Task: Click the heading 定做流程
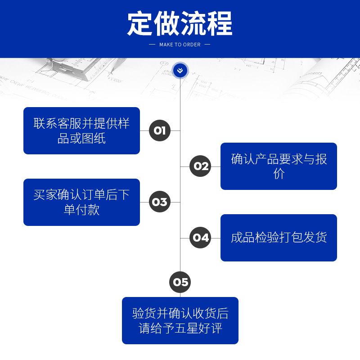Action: click(x=180, y=23)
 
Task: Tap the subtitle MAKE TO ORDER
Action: click(x=180, y=45)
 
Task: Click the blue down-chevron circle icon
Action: click(x=180, y=70)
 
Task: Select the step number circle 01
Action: click(x=160, y=130)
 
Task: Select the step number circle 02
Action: click(x=200, y=166)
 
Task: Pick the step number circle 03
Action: click(x=160, y=202)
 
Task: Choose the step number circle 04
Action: click(x=200, y=238)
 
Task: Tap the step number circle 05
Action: click(x=180, y=282)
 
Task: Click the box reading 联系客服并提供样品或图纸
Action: click(x=81, y=130)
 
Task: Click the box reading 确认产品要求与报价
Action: click(x=279, y=166)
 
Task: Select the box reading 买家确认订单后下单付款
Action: click(x=81, y=202)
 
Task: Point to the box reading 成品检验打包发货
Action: click(x=279, y=238)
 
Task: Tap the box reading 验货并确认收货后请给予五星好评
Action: click(x=180, y=320)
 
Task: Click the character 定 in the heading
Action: click(x=139, y=23)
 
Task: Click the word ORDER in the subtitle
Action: click(x=192, y=45)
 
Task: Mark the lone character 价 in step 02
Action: click(x=279, y=174)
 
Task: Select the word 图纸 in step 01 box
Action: click(x=94, y=138)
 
